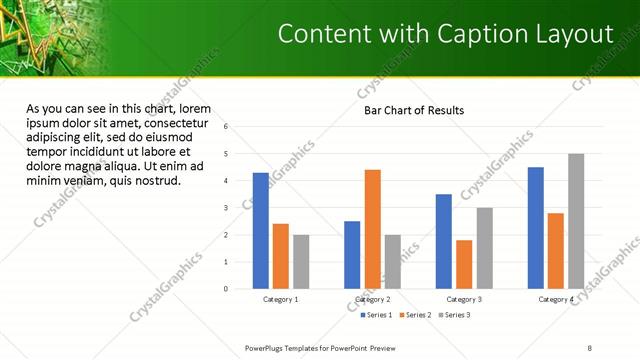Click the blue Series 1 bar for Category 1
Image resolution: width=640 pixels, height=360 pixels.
coord(260,231)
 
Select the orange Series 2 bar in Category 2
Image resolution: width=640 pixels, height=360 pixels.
coord(372,229)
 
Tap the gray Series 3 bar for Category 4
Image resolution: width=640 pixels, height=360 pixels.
coord(576,221)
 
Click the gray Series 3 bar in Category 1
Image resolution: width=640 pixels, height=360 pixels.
coord(301,262)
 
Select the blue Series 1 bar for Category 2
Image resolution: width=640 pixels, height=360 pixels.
coord(352,255)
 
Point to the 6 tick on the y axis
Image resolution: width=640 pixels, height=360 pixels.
coord(227,127)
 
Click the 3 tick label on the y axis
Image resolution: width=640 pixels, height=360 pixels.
coord(227,208)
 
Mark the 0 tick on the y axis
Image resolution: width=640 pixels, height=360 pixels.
coord(227,289)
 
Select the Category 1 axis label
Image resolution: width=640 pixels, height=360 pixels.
coord(280,299)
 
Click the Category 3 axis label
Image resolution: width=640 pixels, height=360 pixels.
coord(464,299)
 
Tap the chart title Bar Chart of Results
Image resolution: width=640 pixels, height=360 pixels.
coord(413,110)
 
